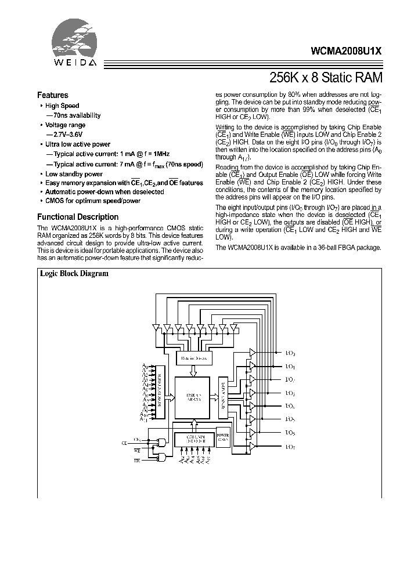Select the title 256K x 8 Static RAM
click(326, 77)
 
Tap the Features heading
click(53, 95)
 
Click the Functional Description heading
click(78, 216)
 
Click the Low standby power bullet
click(74, 174)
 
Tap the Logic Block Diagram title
click(73, 274)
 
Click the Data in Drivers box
click(194, 358)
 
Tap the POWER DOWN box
click(223, 436)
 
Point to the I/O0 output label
click(290, 353)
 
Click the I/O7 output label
click(290, 446)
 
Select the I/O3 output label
click(290, 393)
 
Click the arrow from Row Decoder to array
click(169, 397)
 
